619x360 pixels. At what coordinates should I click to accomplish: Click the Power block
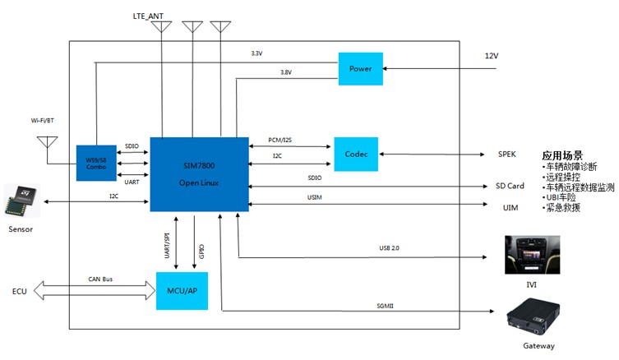tap(361, 68)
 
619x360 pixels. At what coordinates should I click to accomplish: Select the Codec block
tap(356, 154)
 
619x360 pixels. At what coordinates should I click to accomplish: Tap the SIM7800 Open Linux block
tap(199, 173)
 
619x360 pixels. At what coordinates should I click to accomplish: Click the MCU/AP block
tap(182, 291)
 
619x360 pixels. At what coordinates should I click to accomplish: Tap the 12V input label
tap(492, 56)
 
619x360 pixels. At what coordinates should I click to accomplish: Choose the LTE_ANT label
tap(148, 16)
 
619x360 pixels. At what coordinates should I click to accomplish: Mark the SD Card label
tap(510, 187)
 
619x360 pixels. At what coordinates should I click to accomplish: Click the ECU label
tap(19, 292)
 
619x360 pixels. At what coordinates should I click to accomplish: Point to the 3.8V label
tap(286, 72)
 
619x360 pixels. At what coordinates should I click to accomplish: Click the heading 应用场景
tap(562, 155)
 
